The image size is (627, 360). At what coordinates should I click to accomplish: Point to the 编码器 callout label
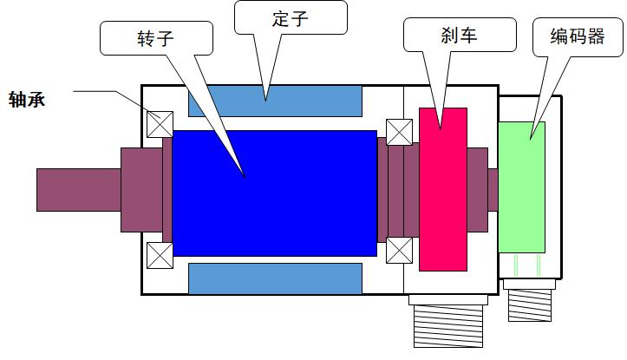[x=576, y=36]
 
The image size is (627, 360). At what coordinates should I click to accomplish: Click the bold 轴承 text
[x=26, y=99]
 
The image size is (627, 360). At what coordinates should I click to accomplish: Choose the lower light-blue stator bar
[x=275, y=278]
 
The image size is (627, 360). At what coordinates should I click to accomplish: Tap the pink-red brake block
[x=442, y=190]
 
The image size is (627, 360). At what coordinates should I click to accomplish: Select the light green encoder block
[x=522, y=187]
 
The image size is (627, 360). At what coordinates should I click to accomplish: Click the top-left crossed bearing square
[x=160, y=123]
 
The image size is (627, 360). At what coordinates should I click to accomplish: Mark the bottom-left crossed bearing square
[x=160, y=255]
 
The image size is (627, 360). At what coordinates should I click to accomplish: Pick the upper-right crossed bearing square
[x=400, y=132]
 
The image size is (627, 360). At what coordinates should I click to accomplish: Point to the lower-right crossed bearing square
[x=400, y=251]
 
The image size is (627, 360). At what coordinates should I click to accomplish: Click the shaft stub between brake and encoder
[x=493, y=189]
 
